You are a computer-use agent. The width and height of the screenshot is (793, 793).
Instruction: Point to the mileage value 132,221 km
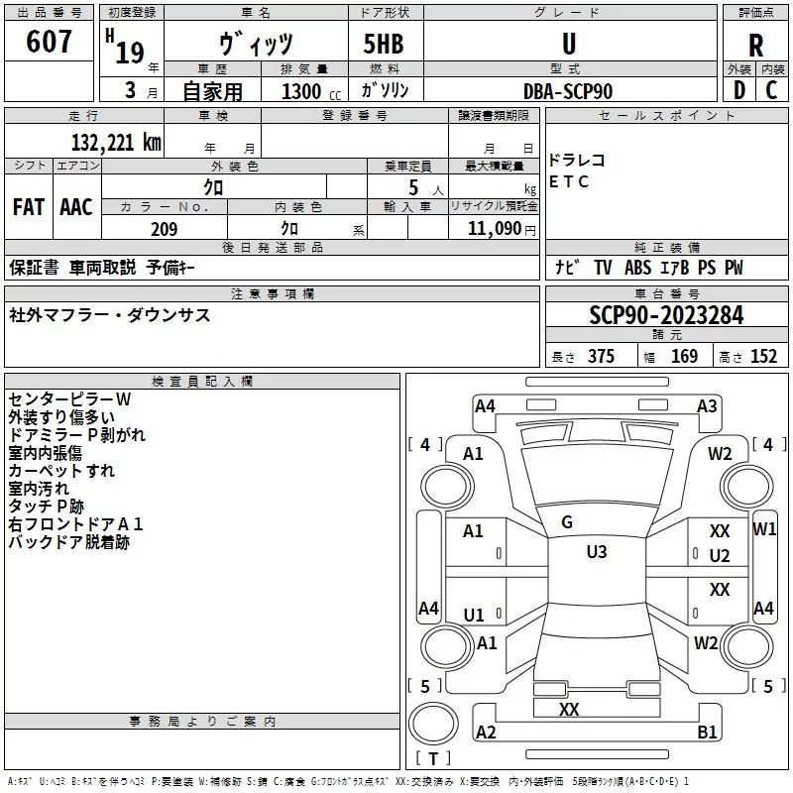(116, 143)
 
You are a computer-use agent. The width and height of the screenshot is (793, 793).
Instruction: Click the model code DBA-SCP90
(568, 90)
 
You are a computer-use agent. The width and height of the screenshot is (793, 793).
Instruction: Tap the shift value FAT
(28, 207)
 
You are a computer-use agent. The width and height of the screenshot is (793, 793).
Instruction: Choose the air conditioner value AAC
(75, 207)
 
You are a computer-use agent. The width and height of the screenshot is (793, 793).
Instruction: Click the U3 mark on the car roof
(596, 552)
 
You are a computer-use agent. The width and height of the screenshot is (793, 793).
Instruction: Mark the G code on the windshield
(567, 522)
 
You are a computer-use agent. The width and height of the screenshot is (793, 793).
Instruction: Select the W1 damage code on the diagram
(764, 529)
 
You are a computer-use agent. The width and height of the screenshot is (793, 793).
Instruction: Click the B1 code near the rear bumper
(707, 733)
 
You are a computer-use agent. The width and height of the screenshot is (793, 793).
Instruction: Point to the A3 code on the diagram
(707, 405)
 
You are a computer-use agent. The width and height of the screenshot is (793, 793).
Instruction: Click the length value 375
(601, 357)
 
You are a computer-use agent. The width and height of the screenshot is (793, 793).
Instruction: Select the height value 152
(763, 357)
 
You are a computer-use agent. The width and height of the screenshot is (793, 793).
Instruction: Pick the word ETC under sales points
(569, 181)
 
